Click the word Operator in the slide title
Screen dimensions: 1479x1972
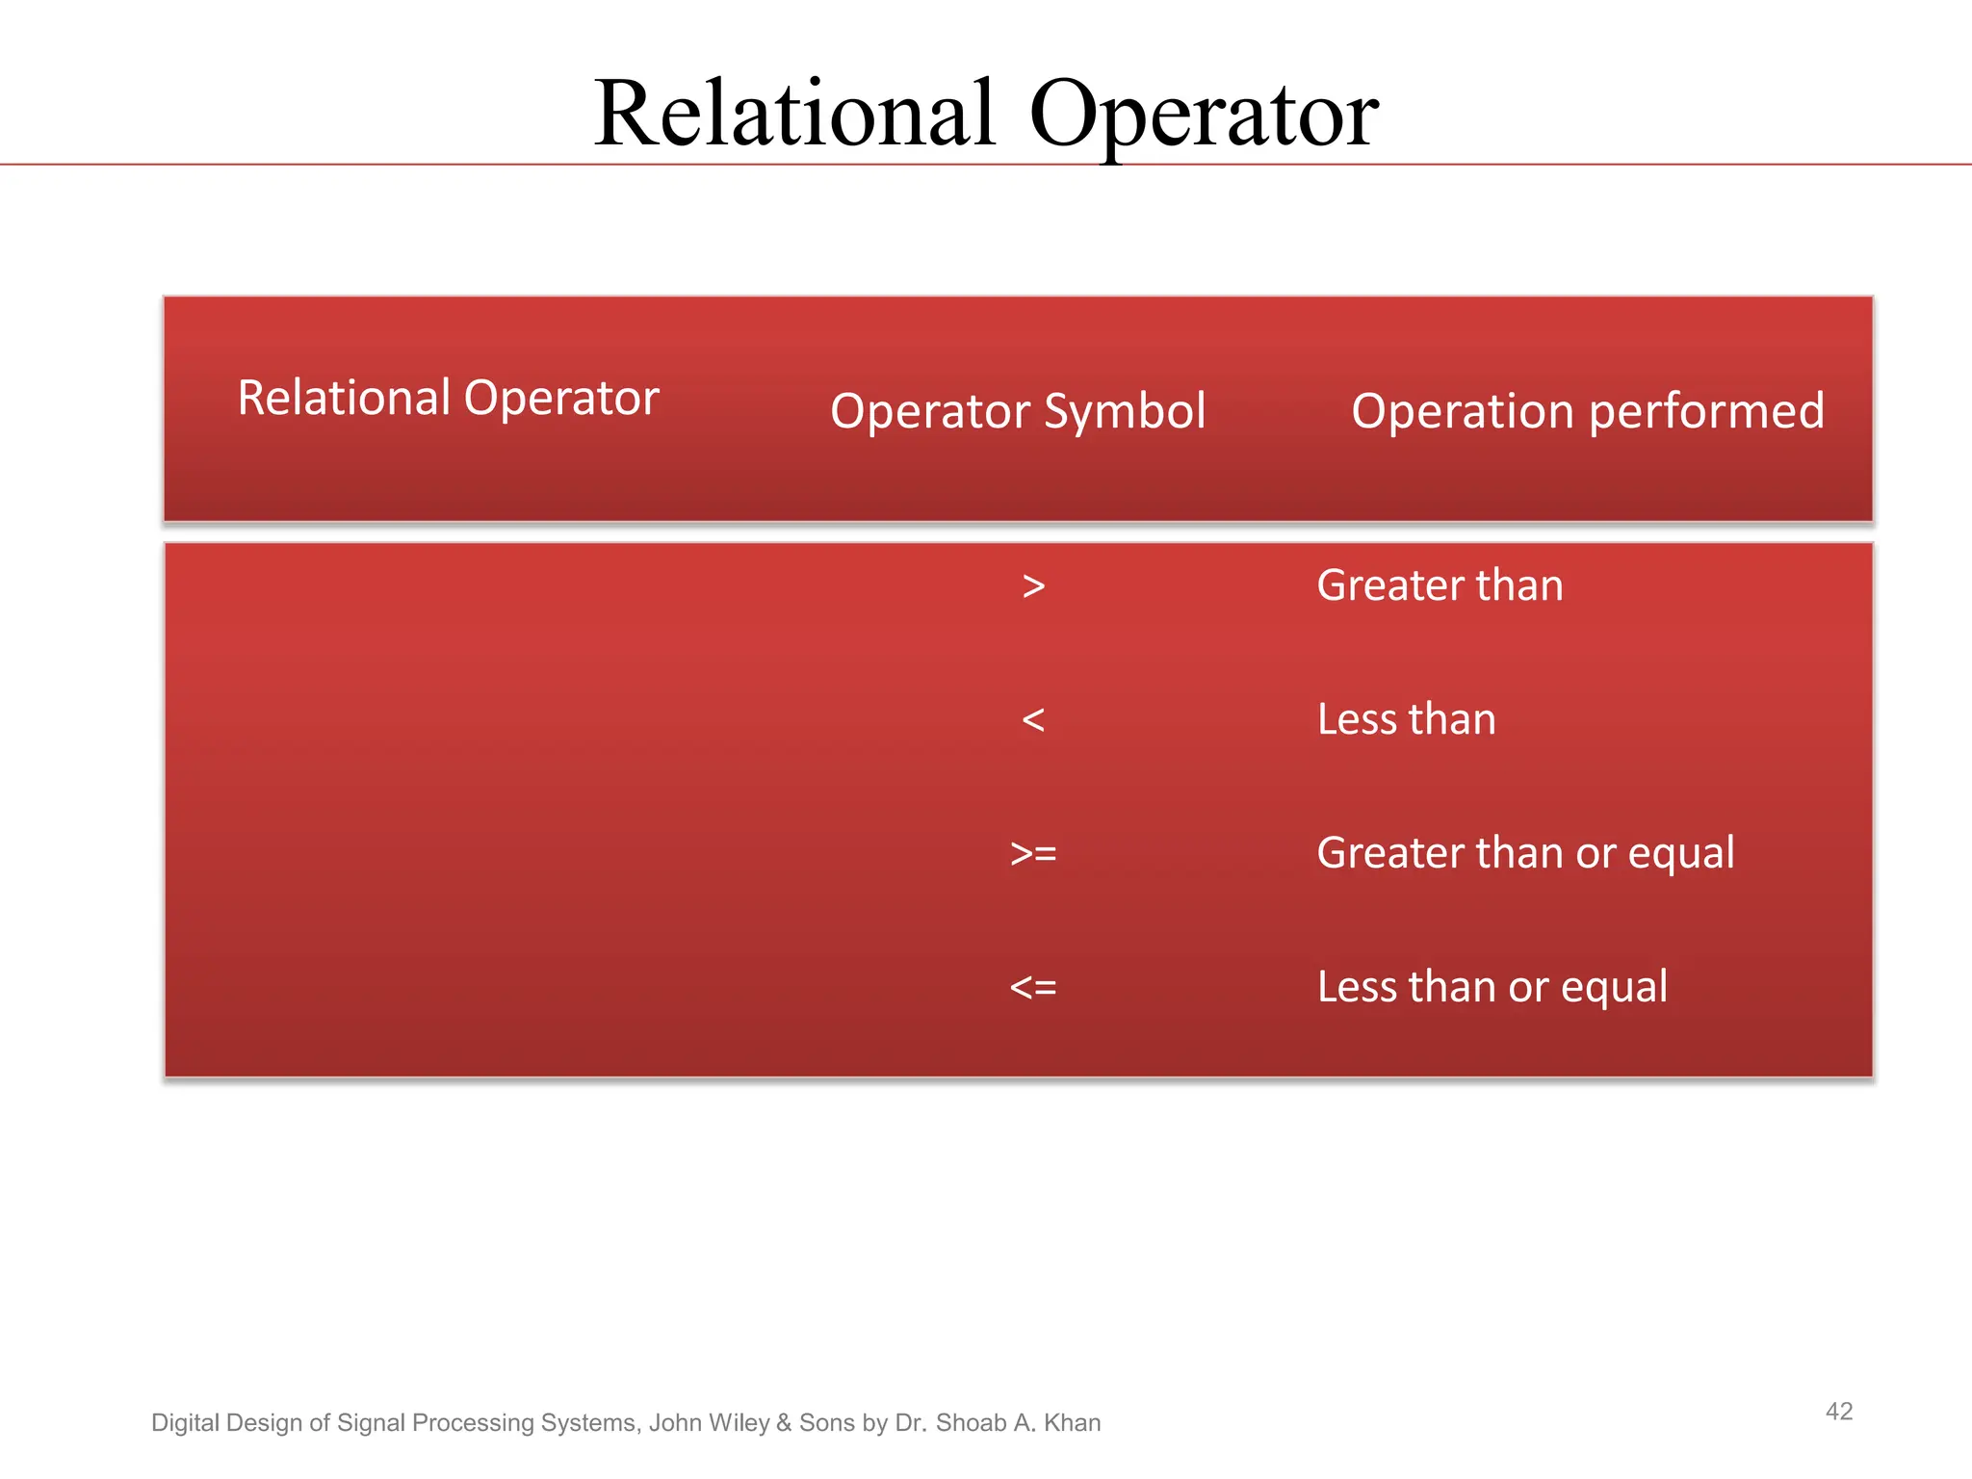click(1203, 116)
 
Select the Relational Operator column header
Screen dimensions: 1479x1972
click(448, 398)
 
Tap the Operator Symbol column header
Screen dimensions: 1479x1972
click(1018, 411)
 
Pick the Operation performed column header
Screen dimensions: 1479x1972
click(1587, 411)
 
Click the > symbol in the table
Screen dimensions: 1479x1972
click(1033, 586)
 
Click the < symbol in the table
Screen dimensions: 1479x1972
click(1033, 720)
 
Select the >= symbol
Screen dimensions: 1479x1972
click(1033, 854)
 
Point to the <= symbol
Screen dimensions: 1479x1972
click(1033, 988)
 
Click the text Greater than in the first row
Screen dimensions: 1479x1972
click(1440, 585)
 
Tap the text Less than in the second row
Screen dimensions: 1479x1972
click(1406, 719)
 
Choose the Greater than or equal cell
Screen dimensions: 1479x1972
click(1525, 853)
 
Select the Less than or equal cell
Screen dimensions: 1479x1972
click(1492, 987)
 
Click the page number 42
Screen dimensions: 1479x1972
click(1838, 1412)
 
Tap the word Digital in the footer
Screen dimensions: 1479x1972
click(185, 1423)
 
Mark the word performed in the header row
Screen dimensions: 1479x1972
click(1706, 411)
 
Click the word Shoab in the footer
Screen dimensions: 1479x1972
click(971, 1423)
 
